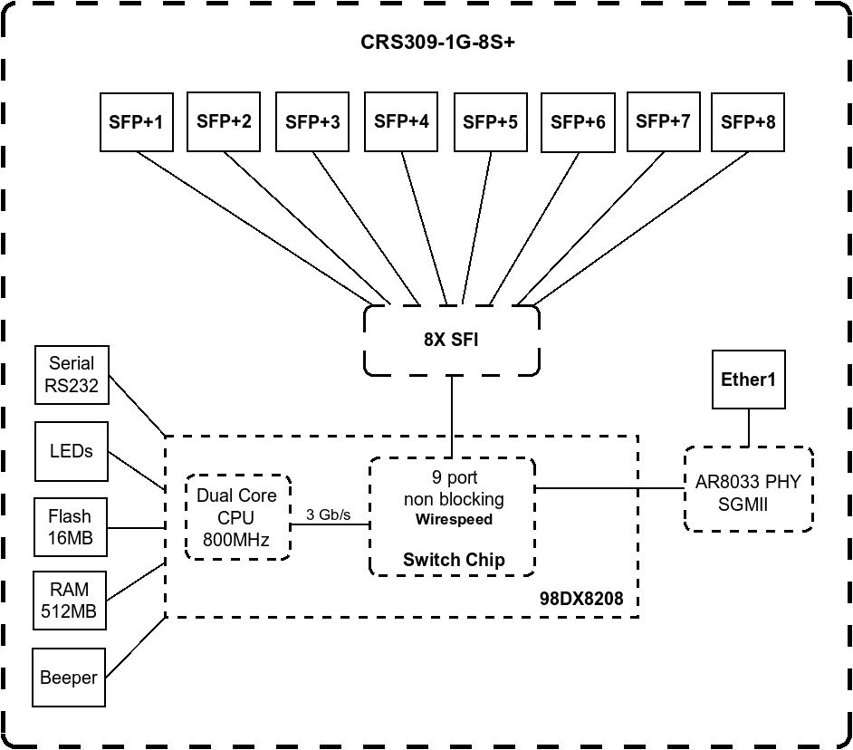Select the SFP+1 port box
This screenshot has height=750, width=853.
point(136,120)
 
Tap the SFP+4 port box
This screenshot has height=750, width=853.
point(401,120)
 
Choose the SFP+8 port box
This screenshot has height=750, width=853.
point(747,120)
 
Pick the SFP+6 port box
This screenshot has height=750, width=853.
point(578,120)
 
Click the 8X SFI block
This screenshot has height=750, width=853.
point(451,341)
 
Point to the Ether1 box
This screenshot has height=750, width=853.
point(748,380)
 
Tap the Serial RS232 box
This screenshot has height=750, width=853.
point(72,375)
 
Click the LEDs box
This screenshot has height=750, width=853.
point(72,451)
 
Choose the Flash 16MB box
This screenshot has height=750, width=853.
point(70,527)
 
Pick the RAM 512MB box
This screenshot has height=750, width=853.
point(70,601)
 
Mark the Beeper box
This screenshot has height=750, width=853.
point(69,678)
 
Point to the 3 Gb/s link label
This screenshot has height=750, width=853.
point(329,514)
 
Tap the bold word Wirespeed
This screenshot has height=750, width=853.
point(454,520)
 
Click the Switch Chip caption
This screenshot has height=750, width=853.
point(454,559)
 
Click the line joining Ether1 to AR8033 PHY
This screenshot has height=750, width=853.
point(748,428)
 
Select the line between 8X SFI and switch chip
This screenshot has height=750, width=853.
point(451,417)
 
